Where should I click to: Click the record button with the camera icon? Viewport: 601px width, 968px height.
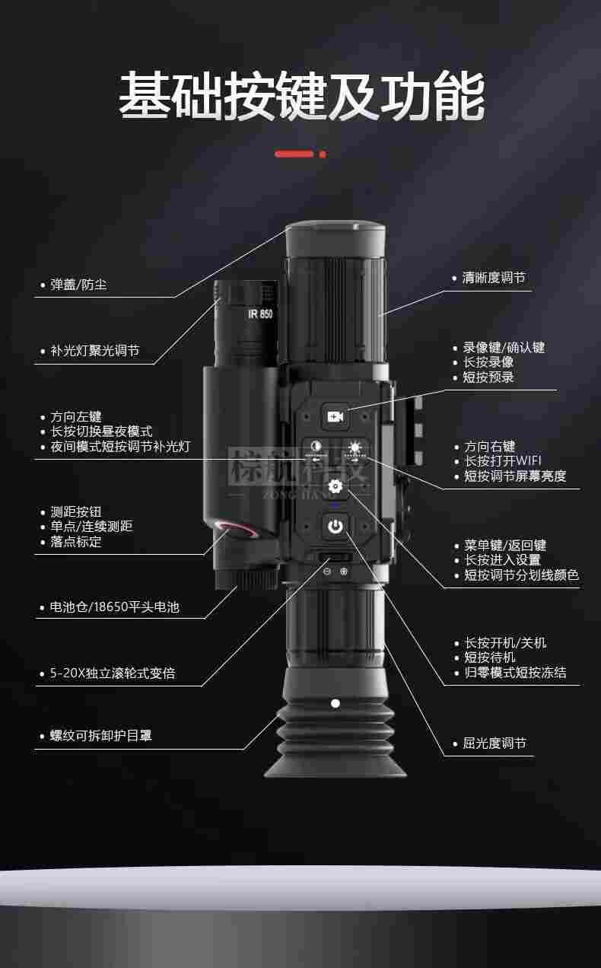335,416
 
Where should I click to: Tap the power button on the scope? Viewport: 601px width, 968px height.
335,524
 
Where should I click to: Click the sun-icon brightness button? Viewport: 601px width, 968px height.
355,448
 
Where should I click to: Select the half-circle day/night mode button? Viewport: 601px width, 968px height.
316,448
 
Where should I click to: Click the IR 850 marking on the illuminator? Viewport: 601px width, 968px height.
260,313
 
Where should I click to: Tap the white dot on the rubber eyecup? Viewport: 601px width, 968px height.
335,703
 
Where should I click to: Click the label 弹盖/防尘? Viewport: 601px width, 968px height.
78,285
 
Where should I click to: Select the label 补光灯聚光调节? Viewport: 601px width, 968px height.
94,351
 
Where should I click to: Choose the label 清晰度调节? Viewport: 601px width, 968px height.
494,278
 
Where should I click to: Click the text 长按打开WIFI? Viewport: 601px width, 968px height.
503,461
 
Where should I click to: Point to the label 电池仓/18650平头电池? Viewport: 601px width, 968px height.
114,607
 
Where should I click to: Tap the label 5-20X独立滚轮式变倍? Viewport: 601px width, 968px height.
113,673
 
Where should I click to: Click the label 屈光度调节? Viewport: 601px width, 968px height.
494,744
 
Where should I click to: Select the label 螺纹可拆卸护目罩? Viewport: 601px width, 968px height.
101,736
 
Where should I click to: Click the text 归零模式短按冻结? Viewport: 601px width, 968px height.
515,673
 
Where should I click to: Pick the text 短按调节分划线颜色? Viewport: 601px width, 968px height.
521,575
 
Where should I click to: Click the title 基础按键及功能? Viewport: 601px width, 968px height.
300,97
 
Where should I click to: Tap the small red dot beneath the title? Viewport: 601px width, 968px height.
323,154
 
